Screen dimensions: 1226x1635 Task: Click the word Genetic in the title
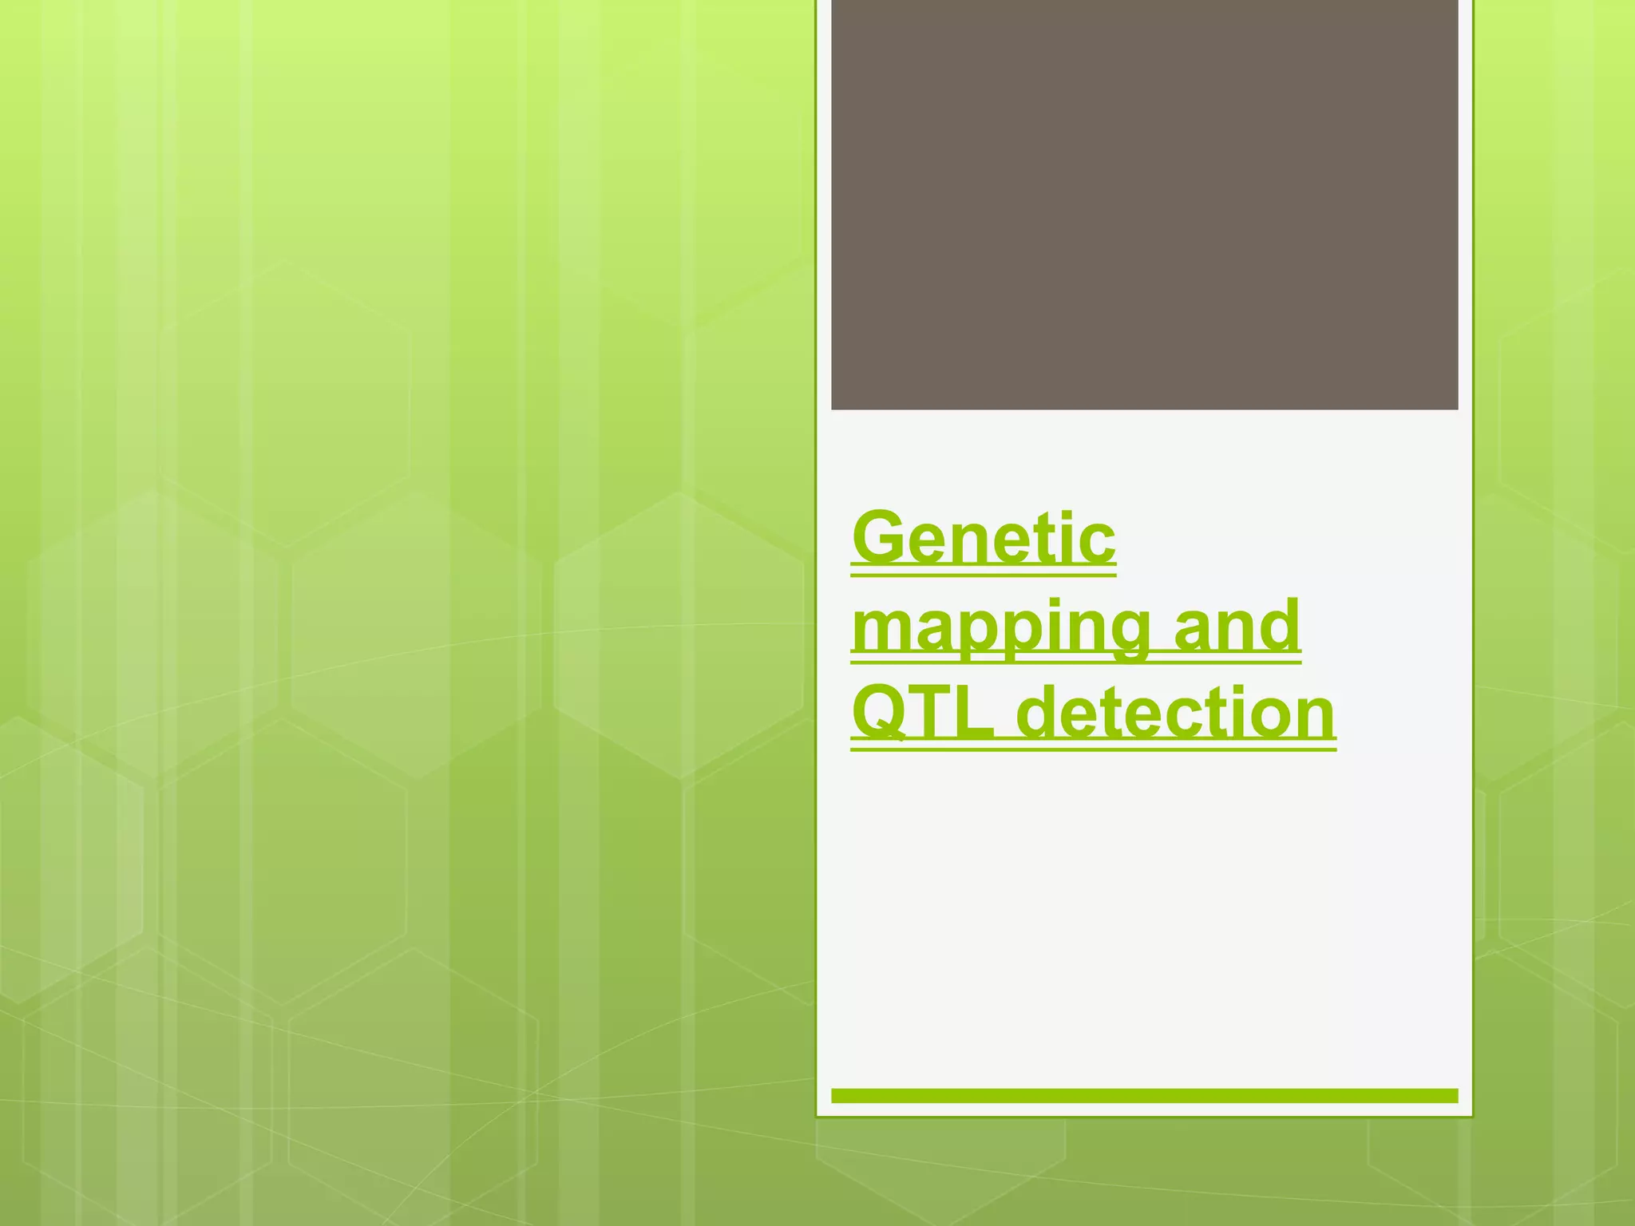[x=984, y=538]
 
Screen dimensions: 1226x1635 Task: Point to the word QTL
[x=923, y=712]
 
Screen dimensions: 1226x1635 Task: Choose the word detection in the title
[x=1177, y=712]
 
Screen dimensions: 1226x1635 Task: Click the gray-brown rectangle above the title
[x=1144, y=204]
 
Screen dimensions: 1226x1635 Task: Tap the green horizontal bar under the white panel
[x=1144, y=1096]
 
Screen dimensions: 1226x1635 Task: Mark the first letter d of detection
[x=1043, y=712]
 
